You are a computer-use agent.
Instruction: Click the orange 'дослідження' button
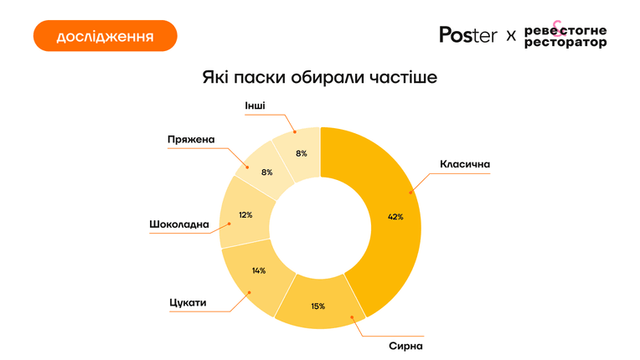[x=106, y=36]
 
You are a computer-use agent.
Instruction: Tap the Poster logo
[x=468, y=34]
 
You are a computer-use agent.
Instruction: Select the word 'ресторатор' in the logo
[x=565, y=43]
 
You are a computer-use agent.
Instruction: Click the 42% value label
[x=395, y=217]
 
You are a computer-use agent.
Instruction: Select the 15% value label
[x=318, y=306]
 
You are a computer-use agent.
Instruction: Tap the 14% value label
[x=259, y=270]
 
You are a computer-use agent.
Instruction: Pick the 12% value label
[x=245, y=215]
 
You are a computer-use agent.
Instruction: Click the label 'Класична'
[x=465, y=164]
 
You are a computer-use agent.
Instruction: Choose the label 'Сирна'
[x=405, y=346]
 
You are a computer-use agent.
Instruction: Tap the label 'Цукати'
[x=188, y=303]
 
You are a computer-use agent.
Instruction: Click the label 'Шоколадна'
[x=179, y=224]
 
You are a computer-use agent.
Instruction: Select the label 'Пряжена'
[x=191, y=140]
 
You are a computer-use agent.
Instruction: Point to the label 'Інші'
[x=255, y=105]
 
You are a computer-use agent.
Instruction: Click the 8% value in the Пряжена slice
[x=267, y=172]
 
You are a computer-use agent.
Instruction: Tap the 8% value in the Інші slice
[x=302, y=154]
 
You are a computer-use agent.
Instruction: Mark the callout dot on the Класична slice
[x=410, y=192]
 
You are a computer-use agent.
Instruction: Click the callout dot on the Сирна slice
[x=352, y=316]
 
